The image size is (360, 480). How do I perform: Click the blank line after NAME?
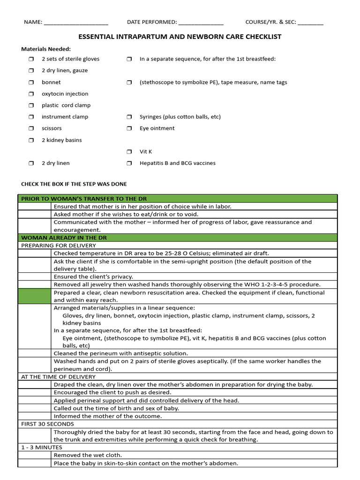76,22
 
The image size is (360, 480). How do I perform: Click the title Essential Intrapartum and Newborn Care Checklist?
180,37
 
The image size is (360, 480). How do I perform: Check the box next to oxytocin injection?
31,94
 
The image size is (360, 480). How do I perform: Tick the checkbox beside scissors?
31,128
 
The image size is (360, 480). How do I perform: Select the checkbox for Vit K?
129,152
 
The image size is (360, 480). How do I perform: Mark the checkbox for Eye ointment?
129,128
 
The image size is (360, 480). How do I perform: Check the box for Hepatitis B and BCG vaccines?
129,164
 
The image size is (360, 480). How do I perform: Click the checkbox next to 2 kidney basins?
31,140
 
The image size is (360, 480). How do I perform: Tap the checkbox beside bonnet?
31,82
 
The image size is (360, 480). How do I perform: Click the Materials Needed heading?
46,49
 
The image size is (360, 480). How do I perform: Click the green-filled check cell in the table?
34,296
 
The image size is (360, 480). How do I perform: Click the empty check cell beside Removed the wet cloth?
34,455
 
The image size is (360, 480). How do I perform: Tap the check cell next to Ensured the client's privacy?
34,277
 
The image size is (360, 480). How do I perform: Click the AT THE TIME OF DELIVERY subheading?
58,376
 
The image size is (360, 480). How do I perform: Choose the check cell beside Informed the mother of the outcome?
34,416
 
